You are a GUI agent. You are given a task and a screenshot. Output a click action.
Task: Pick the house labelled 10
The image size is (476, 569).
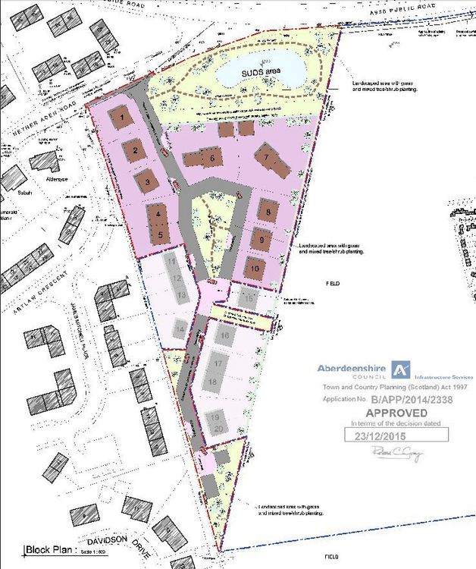click(x=255, y=269)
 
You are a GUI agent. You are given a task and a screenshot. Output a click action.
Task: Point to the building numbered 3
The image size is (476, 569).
click(x=148, y=181)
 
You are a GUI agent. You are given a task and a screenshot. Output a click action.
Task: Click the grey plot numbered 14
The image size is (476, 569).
click(x=179, y=328)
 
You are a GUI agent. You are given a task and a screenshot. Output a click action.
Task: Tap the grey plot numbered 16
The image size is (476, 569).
click(x=224, y=335)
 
